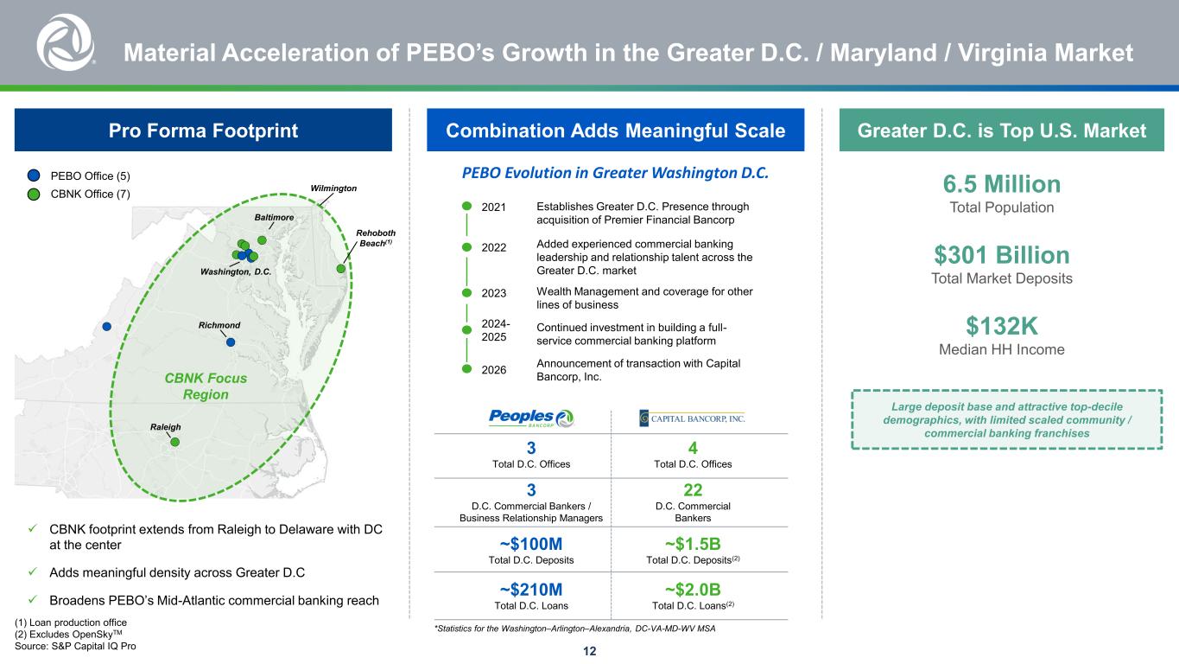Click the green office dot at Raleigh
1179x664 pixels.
click(174, 442)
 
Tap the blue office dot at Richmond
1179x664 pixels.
click(231, 342)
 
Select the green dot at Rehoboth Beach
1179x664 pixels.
click(341, 269)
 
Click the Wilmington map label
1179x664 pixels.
click(333, 188)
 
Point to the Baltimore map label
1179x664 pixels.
click(274, 217)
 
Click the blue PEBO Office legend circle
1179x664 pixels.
click(34, 176)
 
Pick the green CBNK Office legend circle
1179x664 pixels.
click(34, 194)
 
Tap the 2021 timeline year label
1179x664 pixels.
click(494, 207)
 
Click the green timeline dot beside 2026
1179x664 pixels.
click(467, 369)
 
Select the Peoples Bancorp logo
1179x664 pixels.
click(531, 418)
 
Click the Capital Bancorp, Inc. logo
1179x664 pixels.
click(692, 418)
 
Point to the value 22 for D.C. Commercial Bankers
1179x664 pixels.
click(693, 490)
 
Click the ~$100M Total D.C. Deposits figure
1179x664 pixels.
click(531, 544)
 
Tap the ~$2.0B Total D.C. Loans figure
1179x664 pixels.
click(693, 589)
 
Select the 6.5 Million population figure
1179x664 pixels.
click(1002, 184)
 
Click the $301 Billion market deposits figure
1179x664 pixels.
click(1002, 255)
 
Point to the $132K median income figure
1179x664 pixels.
click(1002, 326)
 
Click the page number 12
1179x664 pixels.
click(589, 651)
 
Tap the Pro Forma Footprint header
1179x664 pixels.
click(203, 131)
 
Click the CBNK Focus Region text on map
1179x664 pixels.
click(206, 386)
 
